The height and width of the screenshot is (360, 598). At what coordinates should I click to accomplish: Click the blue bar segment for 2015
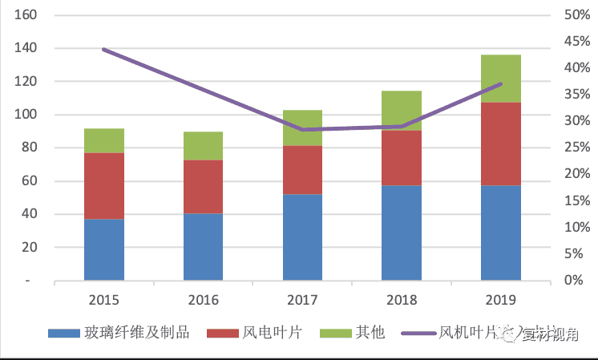pos(104,249)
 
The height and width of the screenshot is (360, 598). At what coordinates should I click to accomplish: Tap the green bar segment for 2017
pos(302,127)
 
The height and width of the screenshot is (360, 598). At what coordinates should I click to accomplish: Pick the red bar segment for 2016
pos(203,187)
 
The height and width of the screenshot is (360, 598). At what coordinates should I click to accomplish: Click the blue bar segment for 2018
pos(402,233)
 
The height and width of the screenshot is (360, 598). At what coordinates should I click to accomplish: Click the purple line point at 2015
pos(104,50)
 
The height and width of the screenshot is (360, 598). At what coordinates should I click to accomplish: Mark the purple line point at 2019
pos(500,83)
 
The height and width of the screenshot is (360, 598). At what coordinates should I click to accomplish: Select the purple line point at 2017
pos(302,129)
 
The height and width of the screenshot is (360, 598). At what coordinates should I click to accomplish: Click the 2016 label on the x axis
pos(203,300)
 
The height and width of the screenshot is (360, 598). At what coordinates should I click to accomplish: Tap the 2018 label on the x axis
pos(402,300)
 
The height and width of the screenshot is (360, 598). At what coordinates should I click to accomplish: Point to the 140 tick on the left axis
pos(26,48)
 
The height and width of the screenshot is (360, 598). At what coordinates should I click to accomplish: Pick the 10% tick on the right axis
pos(576,227)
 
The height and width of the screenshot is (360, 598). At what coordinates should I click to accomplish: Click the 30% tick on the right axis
pos(576,121)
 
